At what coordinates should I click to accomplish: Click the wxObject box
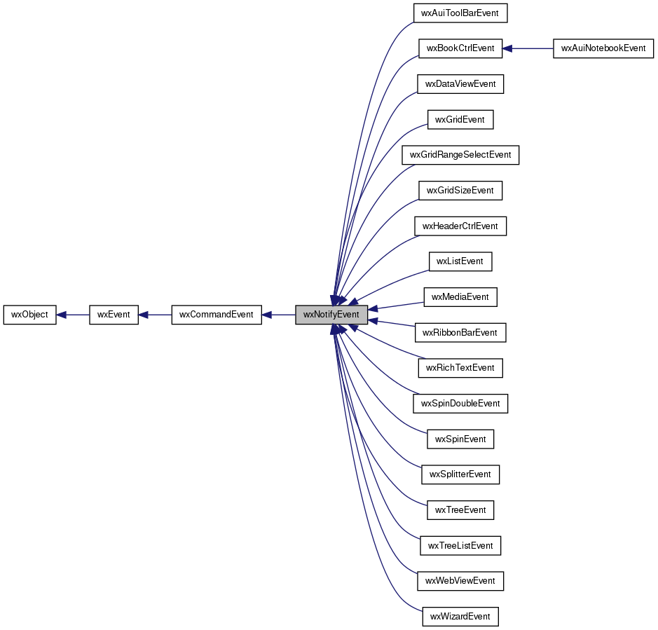click(30, 315)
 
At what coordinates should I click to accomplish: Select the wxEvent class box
click(114, 315)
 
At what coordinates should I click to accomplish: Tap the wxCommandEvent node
click(217, 315)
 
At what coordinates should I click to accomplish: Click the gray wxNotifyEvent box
click(331, 315)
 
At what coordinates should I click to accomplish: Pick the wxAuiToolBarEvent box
click(460, 13)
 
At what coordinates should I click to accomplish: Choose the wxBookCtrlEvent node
click(460, 48)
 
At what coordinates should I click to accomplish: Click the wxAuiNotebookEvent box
click(603, 48)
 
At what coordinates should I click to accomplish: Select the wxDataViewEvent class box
click(460, 84)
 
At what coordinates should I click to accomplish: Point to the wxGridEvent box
click(460, 120)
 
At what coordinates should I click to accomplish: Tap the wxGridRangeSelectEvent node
click(460, 155)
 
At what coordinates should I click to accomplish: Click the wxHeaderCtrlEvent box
click(460, 226)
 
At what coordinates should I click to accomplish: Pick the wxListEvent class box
click(460, 261)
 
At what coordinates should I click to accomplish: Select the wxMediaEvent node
click(460, 297)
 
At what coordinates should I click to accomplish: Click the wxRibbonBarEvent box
click(460, 333)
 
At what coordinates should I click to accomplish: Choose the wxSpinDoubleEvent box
click(460, 404)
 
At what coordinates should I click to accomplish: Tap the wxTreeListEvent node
click(460, 546)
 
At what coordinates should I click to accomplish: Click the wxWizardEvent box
click(460, 617)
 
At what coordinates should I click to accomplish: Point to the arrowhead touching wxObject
click(61, 315)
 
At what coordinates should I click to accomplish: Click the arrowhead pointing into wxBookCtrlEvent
click(507, 48)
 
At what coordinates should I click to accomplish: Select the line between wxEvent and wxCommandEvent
click(156, 315)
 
